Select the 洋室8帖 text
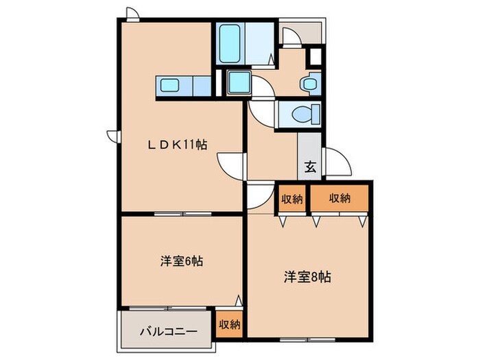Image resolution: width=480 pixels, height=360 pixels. click(x=308, y=277)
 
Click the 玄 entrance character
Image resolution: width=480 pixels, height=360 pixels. click(x=310, y=165)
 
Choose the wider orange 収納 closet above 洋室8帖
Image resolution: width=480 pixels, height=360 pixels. click(x=340, y=198)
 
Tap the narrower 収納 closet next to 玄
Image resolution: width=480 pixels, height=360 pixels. click(x=292, y=199)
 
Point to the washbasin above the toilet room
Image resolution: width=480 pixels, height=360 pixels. click(x=309, y=83)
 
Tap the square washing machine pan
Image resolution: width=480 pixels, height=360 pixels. click(x=240, y=84)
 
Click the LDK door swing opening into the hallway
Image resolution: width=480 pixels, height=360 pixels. click(x=232, y=165)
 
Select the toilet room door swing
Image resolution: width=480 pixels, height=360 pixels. click(x=262, y=110)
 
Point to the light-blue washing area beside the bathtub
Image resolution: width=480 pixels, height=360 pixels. click(x=257, y=43)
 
